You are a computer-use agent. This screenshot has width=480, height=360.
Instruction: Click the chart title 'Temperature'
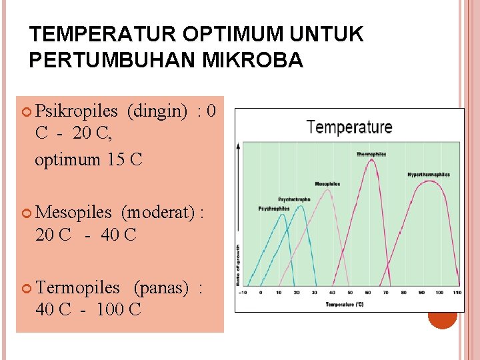pyautogui.click(x=349, y=127)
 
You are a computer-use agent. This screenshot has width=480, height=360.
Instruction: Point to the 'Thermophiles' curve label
pyautogui.click(x=371, y=154)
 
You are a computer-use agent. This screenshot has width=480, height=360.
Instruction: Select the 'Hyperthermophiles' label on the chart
pyautogui.click(x=428, y=175)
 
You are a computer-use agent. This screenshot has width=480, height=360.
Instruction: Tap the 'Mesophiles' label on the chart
pyautogui.click(x=327, y=184)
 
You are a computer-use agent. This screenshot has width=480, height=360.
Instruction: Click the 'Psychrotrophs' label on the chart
pyautogui.click(x=293, y=199)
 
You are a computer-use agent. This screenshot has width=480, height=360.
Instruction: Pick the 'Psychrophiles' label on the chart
pyautogui.click(x=274, y=209)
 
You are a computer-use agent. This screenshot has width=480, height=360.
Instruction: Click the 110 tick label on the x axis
pyautogui.click(x=457, y=293)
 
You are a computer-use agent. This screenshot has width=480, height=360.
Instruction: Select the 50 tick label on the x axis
pyautogui.click(x=350, y=293)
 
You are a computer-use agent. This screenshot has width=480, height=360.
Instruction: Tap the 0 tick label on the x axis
pyautogui.click(x=261, y=293)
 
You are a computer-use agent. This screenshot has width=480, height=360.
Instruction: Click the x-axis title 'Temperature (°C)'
pyautogui.click(x=345, y=304)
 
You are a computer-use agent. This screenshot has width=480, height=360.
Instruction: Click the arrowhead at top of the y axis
pyautogui.click(x=239, y=145)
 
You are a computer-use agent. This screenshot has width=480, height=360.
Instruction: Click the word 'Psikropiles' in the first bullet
pyautogui.click(x=77, y=110)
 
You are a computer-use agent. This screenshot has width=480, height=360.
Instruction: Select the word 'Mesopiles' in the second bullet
pyautogui.click(x=73, y=213)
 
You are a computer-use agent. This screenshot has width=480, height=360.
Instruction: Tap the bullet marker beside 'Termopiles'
pyautogui.click(x=26, y=289)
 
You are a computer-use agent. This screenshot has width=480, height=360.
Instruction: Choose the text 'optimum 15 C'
pyautogui.click(x=89, y=160)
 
